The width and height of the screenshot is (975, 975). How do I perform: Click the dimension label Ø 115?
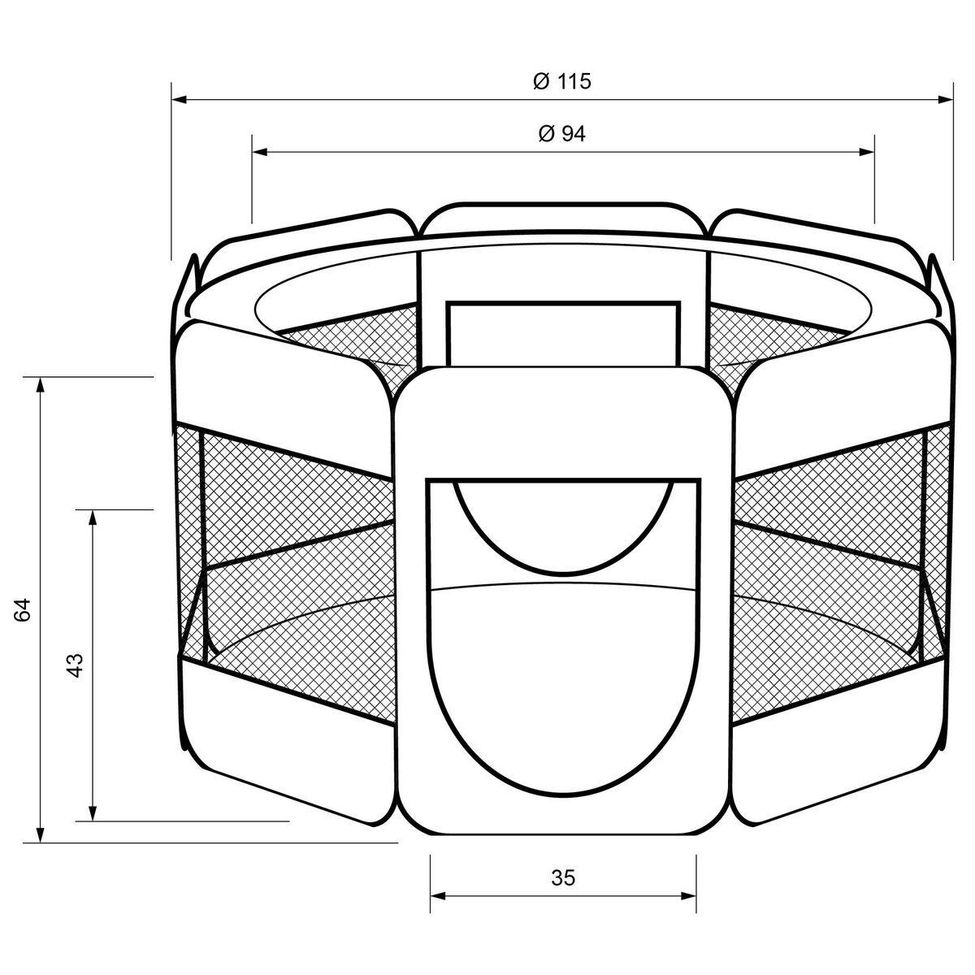click(x=562, y=81)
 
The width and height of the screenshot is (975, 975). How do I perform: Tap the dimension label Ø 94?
click(x=562, y=133)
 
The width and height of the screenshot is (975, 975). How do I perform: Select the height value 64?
click(x=24, y=609)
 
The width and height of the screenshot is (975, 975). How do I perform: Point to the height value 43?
click(x=75, y=665)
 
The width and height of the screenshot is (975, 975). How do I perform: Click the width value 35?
click(x=563, y=877)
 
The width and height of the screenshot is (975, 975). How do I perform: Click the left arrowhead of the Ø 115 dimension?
click(x=179, y=100)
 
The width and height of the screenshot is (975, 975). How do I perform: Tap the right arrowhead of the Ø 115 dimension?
click(x=945, y=100)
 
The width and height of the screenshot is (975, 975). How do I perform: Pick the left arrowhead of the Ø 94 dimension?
click(x=259, y=152)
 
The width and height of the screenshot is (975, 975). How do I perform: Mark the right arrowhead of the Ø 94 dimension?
click(x=867, y=152)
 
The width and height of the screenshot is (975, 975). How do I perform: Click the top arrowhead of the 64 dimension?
click(x=41, y=385)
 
